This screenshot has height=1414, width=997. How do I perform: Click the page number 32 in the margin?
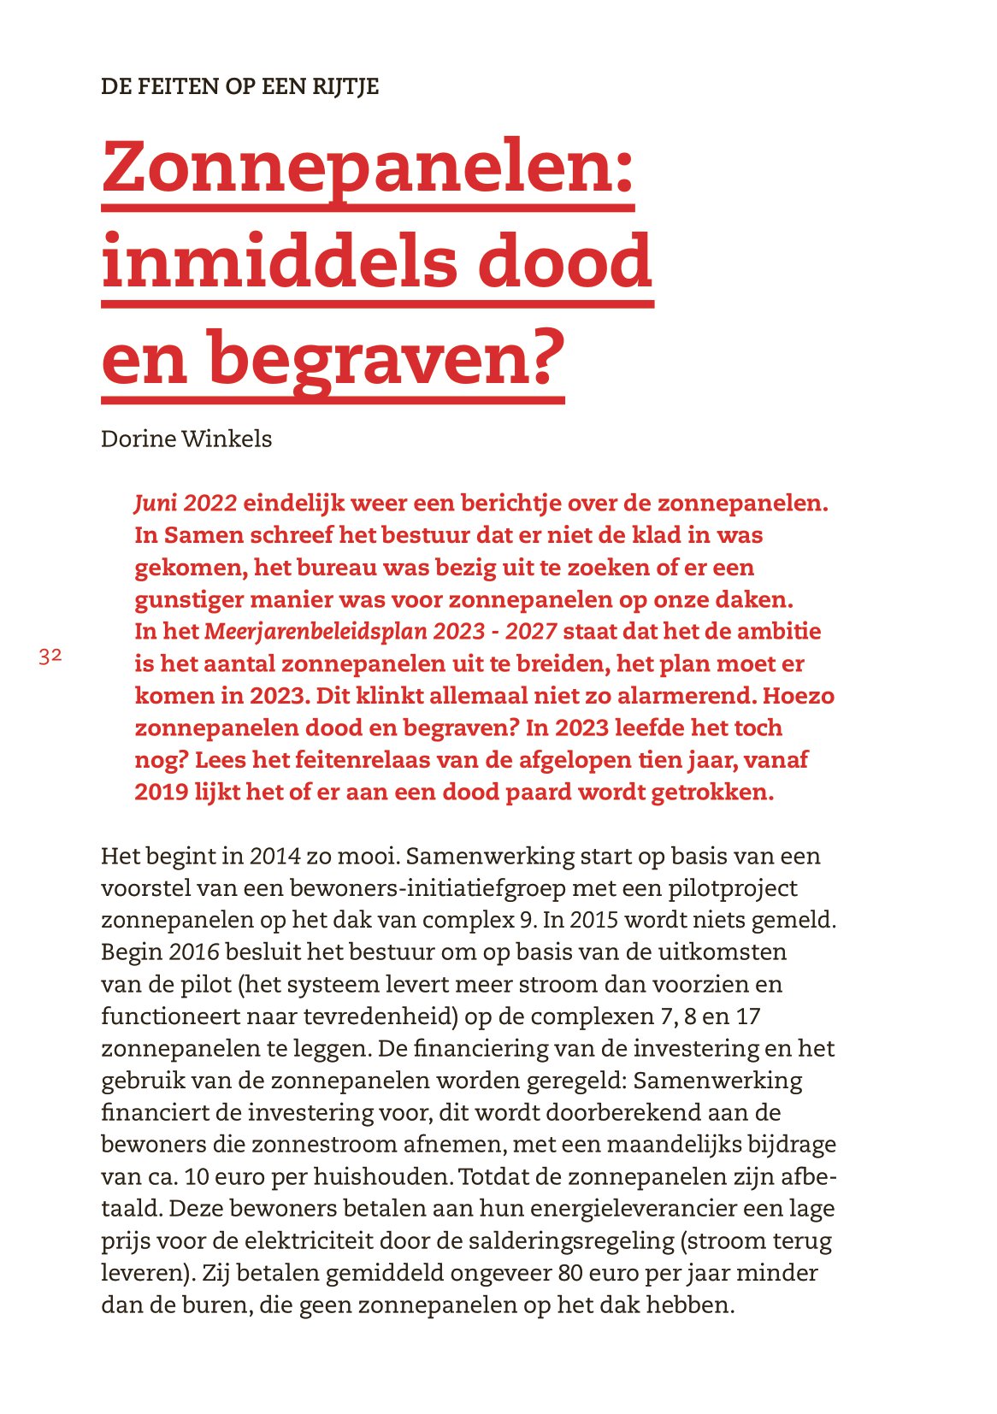coord(50,657)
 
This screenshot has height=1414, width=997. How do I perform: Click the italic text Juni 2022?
coord(186,504)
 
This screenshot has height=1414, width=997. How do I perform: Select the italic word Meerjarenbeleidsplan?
coord(316,632)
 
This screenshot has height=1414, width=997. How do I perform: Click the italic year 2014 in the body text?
coord(275,857)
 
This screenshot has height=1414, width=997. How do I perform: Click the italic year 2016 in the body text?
coord(194,952)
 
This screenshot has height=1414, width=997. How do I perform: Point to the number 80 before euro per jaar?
coord(570,1274)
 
